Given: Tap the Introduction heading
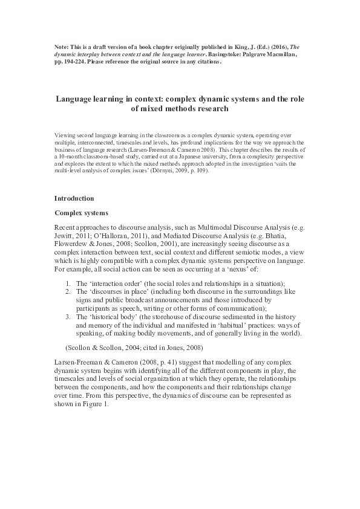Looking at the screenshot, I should (75, 198).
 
